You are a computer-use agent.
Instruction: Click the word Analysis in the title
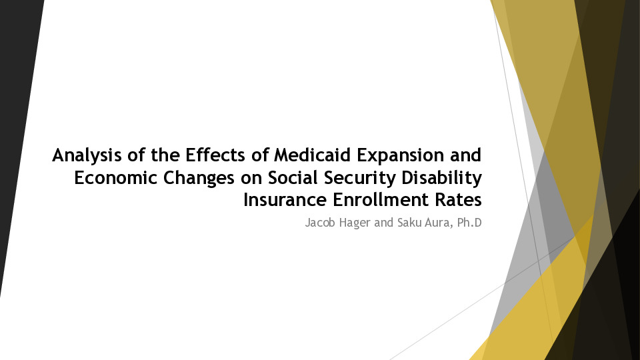pos(87,156)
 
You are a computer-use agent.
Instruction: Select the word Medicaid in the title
pos(312,155)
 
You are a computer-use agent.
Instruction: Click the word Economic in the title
pos(115,177)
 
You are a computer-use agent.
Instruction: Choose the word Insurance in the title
pos(285,200)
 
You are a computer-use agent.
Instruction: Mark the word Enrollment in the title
pos(381,200)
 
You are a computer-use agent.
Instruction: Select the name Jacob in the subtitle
pos(321,223)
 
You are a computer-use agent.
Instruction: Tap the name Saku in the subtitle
pos(409,223)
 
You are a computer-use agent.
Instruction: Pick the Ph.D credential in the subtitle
pos(469,223)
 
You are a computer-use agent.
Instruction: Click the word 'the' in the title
pos(165,155)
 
